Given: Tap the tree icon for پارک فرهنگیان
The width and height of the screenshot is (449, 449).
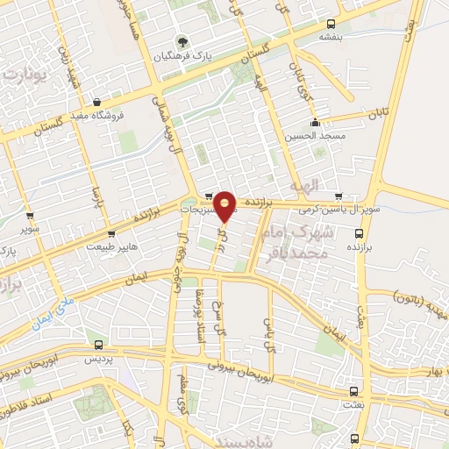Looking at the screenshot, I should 182,41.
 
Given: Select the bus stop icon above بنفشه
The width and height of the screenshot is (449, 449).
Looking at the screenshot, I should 331,24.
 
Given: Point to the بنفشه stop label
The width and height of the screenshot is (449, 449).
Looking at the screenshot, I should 331,37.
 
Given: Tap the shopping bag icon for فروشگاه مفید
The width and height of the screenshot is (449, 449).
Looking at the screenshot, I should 96,102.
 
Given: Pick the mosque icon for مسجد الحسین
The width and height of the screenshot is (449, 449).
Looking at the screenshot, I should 315,122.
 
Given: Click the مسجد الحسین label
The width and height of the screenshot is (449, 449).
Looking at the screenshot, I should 315,136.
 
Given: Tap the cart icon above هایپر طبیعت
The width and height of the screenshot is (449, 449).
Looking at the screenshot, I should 110,234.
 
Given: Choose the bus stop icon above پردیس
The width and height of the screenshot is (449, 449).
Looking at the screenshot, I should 98,345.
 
